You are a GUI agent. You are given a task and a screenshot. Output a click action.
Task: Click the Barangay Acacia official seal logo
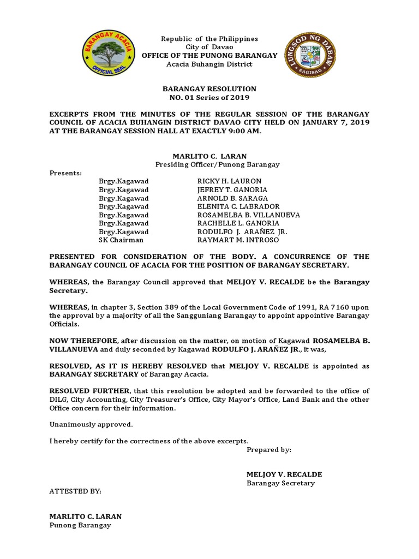[x=107, y=55]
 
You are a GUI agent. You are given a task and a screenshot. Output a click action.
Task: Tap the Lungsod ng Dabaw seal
[x=310, y=55]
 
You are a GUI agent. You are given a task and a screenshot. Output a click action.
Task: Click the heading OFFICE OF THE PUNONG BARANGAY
[x=209, y=56]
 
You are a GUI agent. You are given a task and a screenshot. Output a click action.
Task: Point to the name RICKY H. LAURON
[x=229, y=181]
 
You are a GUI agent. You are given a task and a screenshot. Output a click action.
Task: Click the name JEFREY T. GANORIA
[x=232, y=189]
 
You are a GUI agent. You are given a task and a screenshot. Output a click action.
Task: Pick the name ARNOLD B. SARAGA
[x=232, y=198]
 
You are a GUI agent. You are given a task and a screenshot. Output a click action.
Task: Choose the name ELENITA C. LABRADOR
[x=238, y=206]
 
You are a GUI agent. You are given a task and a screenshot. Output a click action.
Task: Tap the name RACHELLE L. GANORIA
[x=238, y=223]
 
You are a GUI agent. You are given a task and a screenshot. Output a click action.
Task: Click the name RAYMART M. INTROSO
[x=238, y=240]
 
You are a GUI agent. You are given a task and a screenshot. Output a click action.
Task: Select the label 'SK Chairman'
[x=121, y=240]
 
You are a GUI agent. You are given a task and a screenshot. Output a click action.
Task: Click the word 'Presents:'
[x=65, y=173]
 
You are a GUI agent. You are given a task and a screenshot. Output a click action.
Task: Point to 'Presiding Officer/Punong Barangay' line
[x=209, y=164]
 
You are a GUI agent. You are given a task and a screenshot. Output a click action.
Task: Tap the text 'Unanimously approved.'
[x=91, y=424]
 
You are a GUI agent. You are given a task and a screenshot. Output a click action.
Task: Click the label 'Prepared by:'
[x=269, y=450]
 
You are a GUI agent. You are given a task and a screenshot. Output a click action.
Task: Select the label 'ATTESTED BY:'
[x=75, y=491]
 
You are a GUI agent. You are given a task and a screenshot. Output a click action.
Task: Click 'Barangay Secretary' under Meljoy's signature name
[x=280, y=483]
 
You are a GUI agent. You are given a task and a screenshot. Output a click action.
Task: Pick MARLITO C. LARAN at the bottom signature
[x=86, y=516]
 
